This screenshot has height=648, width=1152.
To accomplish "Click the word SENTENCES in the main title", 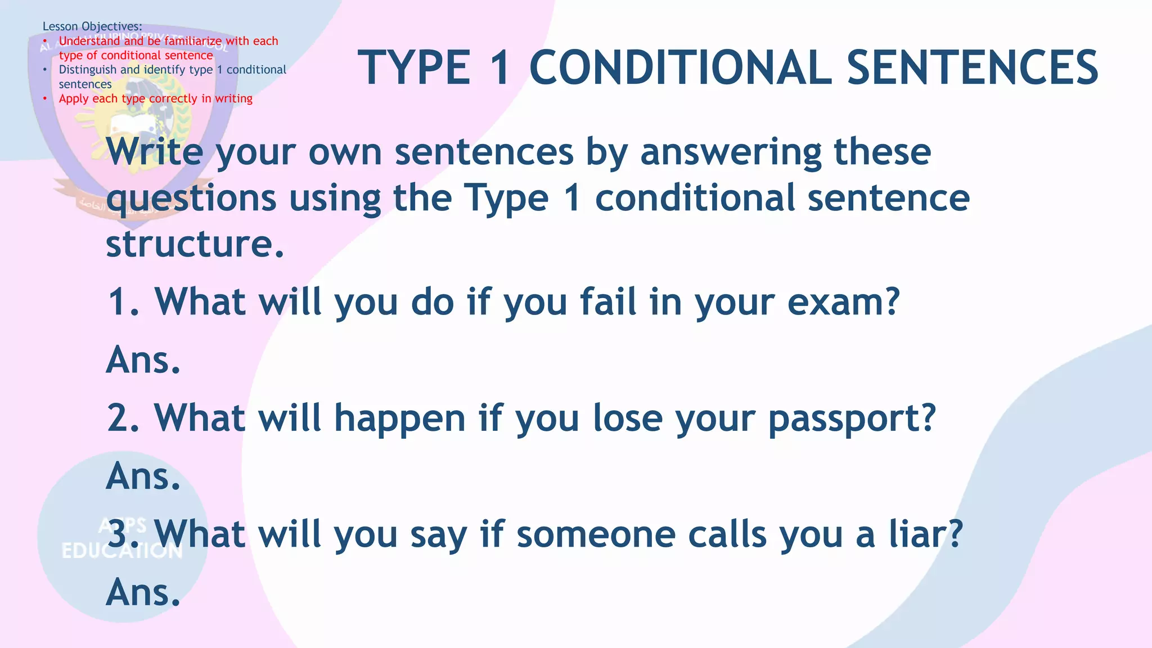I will click(x=972, y=67).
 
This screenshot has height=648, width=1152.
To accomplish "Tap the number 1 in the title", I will click(x=499, y=67).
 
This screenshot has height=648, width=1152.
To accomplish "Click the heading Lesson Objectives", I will click(x=92, y=26).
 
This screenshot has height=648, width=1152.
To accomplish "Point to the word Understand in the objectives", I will click(x=89, y=41).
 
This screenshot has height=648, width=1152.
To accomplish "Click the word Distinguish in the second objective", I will click(x=88, y=70).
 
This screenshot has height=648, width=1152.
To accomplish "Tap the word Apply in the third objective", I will click(x=74, y=98).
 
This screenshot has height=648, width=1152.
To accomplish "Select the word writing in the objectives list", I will click(x=233, y=98).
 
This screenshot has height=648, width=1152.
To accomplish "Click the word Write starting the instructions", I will click(x=155, y=152).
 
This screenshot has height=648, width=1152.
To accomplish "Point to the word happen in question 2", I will click(x=400, y=419).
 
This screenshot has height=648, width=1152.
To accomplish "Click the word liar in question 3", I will click(x=925, y=534).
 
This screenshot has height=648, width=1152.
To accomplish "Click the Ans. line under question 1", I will click(x=143, y=360).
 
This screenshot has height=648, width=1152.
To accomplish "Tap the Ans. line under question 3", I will click(x=143, y=593).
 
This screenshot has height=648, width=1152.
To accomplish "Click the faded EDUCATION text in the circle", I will click(x=122, y=551).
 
